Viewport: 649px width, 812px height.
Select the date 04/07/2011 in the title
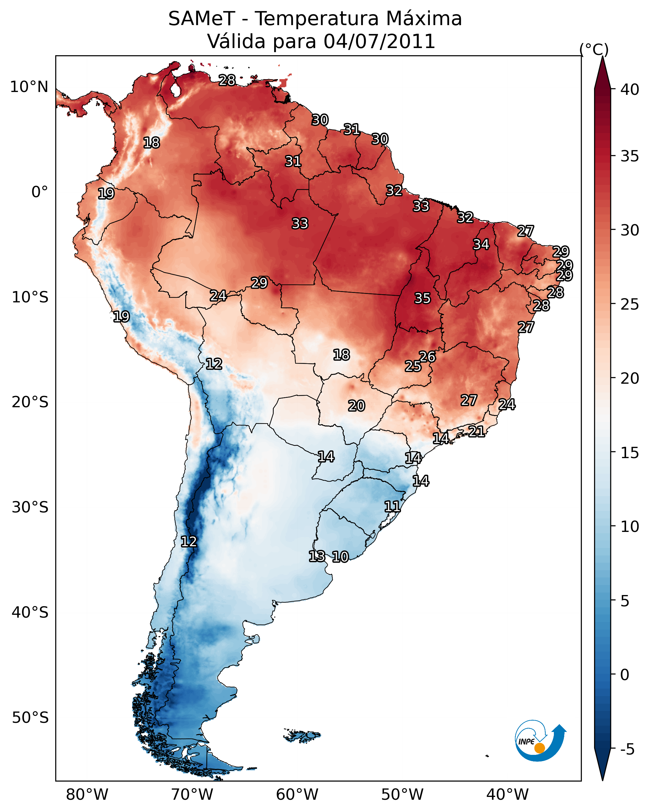click(379, 41)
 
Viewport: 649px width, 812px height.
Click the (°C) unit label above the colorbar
click(594, 49)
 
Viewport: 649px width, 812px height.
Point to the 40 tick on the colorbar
click(630, 89)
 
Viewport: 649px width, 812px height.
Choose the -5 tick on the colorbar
click(627, 750)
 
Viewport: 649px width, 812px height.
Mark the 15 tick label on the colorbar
click(630, 453)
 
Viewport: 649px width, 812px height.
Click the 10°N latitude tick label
click(29, 87)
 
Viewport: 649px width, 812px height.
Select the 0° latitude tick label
click(40, 192)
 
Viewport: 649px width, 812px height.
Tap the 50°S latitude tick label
click(30, 718)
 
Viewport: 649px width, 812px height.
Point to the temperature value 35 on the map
click(422, 298)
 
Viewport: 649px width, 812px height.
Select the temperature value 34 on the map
click(481, 244)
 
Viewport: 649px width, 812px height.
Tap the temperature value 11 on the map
click(392, 506)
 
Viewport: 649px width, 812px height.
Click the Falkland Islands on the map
click(302, 735)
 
